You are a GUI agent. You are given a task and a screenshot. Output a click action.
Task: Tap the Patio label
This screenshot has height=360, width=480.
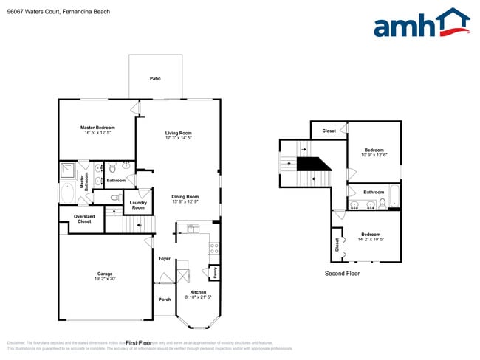(x=155, y=78)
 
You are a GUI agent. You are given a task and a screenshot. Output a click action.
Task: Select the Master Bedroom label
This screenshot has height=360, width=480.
(x=97, y=128)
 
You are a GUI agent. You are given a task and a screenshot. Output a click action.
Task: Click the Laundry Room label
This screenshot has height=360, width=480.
(x=138, y=204)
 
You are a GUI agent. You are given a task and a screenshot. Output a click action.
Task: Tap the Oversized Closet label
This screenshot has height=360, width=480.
(x=84, y=219)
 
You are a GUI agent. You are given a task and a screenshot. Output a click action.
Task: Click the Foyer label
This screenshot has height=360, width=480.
(x=164, y=259)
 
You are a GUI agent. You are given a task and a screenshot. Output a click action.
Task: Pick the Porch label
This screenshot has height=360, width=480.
(x=164, y=299)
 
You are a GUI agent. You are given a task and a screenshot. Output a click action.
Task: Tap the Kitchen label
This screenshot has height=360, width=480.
(x=198, y=292)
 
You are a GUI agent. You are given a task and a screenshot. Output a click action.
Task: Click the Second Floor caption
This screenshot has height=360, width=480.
(x=342, y=273)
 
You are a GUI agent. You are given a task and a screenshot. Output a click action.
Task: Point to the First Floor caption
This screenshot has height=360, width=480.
(x=139, y=343)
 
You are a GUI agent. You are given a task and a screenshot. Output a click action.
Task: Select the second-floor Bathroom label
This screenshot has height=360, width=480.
(x=374, y=192)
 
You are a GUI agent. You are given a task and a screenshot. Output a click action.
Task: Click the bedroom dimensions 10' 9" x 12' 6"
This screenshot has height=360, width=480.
(x=374, y=155)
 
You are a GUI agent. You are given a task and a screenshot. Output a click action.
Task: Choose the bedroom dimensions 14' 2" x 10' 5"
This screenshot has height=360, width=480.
(x=371, y=239)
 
